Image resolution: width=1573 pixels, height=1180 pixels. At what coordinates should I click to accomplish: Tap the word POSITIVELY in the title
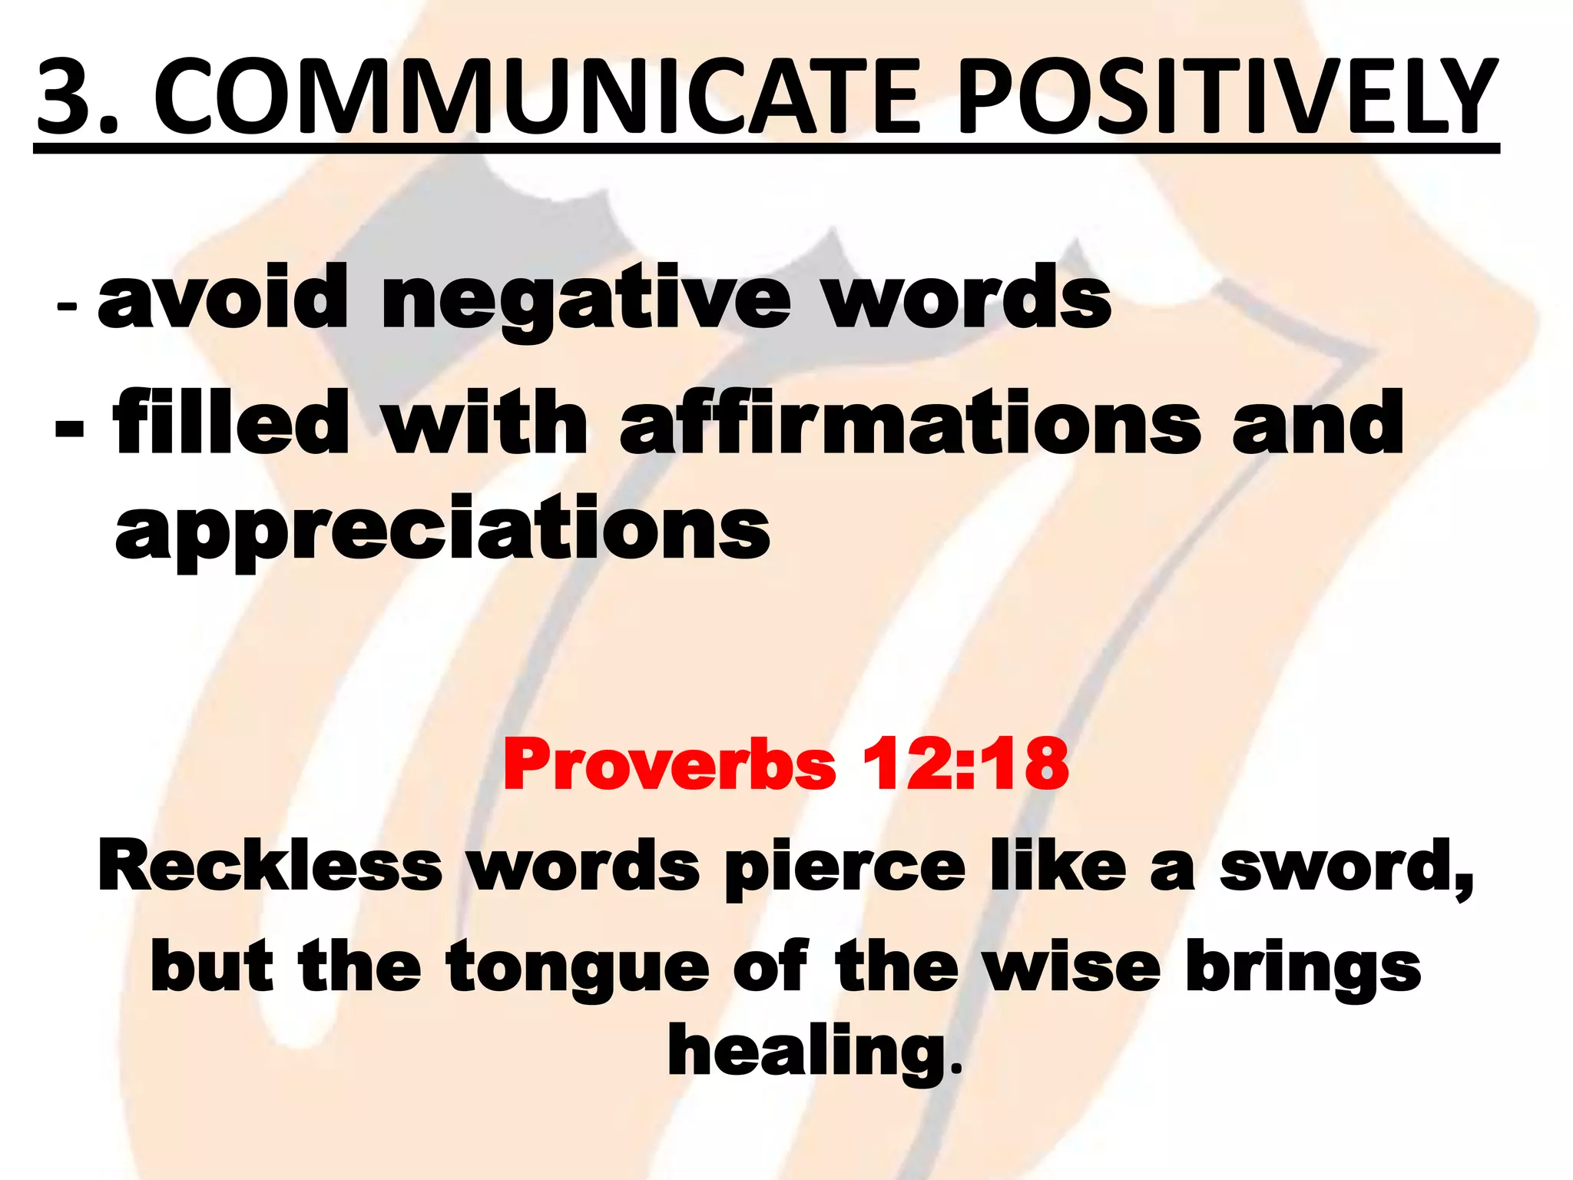point(1226,98)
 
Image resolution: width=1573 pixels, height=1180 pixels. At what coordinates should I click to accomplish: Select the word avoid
point(224,297)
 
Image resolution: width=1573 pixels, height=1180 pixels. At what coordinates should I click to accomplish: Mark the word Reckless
point(270,865)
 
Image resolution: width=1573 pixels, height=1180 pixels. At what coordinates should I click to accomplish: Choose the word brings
point(1303,970)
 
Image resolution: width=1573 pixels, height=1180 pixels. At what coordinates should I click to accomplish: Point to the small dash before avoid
point(67,306)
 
